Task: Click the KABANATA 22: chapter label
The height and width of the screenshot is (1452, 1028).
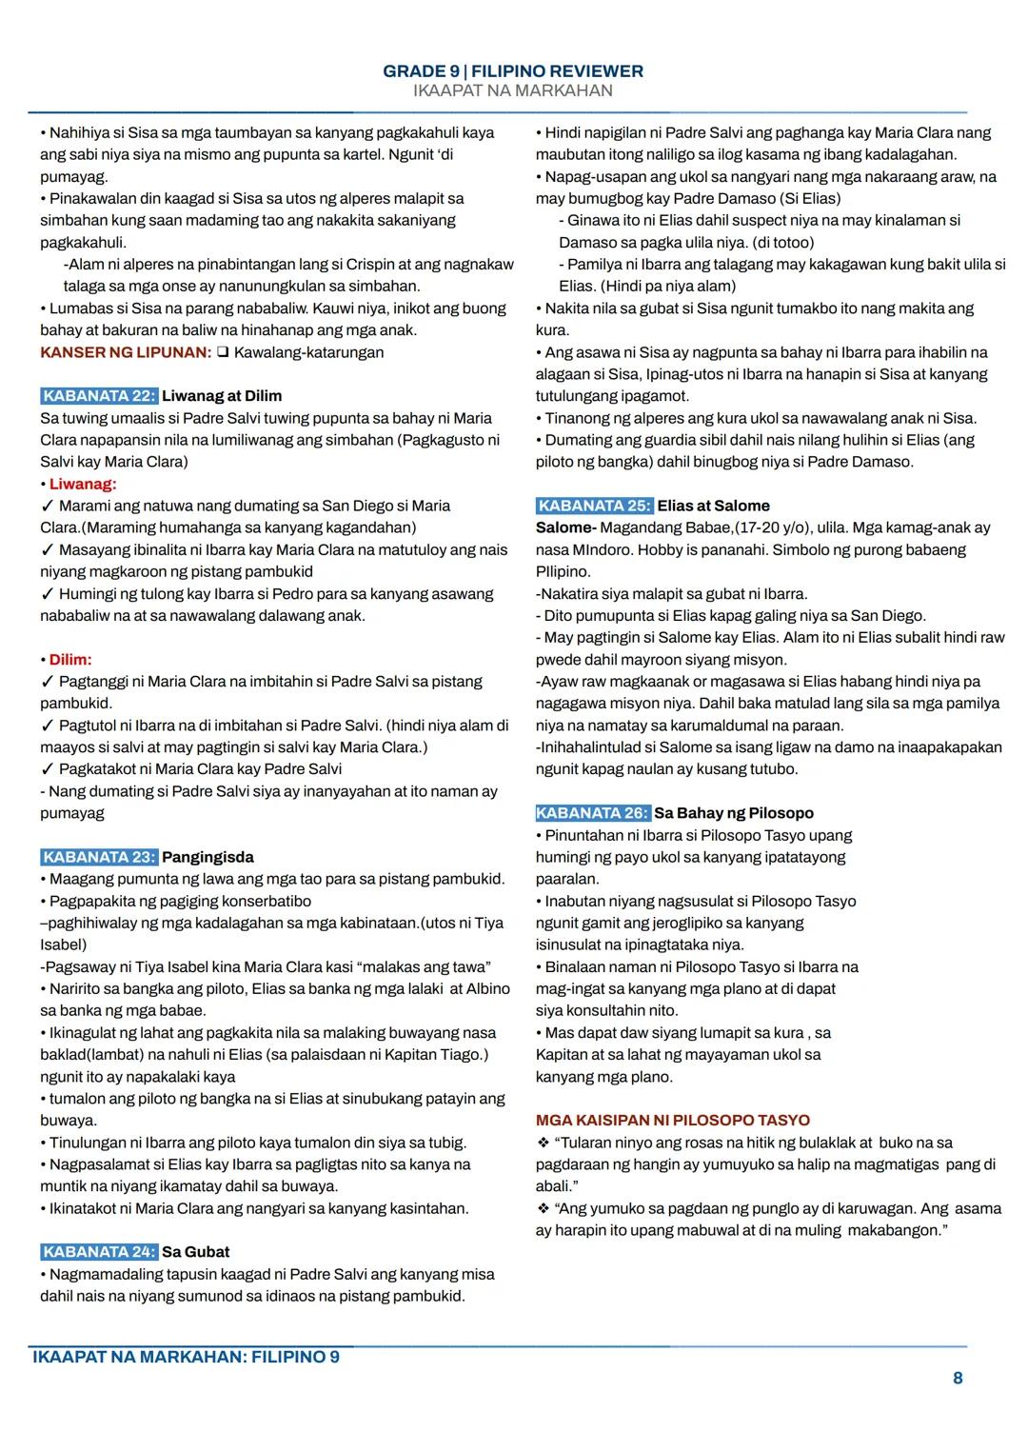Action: tap(99, 396)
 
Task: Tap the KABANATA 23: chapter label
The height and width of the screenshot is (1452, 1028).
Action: tap(99, 857)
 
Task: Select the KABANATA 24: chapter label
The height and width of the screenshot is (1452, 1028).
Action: tap(99, 1252)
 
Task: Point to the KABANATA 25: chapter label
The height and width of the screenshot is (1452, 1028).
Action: tap(595, 506)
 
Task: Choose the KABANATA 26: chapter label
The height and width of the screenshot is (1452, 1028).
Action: tap(593, 813)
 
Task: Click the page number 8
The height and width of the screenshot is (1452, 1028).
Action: tap(958, 1379)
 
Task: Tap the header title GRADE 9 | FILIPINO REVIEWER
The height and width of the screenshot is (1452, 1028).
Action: tap(513, 71)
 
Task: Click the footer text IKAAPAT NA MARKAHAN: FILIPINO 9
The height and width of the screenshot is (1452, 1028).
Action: tap(186, 1357)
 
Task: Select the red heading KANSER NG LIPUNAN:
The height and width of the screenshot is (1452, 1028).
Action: tap(126, 352)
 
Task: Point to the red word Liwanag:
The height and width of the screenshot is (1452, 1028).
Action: tap(83, 484)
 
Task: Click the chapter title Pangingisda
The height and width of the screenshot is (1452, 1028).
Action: tap(208, 857)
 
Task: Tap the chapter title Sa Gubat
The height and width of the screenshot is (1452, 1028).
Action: tap(195, 1252)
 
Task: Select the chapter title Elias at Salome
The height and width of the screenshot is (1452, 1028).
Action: tap(713, 506)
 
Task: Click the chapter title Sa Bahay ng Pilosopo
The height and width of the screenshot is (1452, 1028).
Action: tap(733, 813)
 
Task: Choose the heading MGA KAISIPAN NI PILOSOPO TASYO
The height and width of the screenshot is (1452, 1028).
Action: tap(672, 1121)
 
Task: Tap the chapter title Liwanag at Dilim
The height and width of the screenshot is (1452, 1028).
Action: tap(222, 396)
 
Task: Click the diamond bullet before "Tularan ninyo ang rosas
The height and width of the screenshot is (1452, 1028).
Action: tap(543, 1143)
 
